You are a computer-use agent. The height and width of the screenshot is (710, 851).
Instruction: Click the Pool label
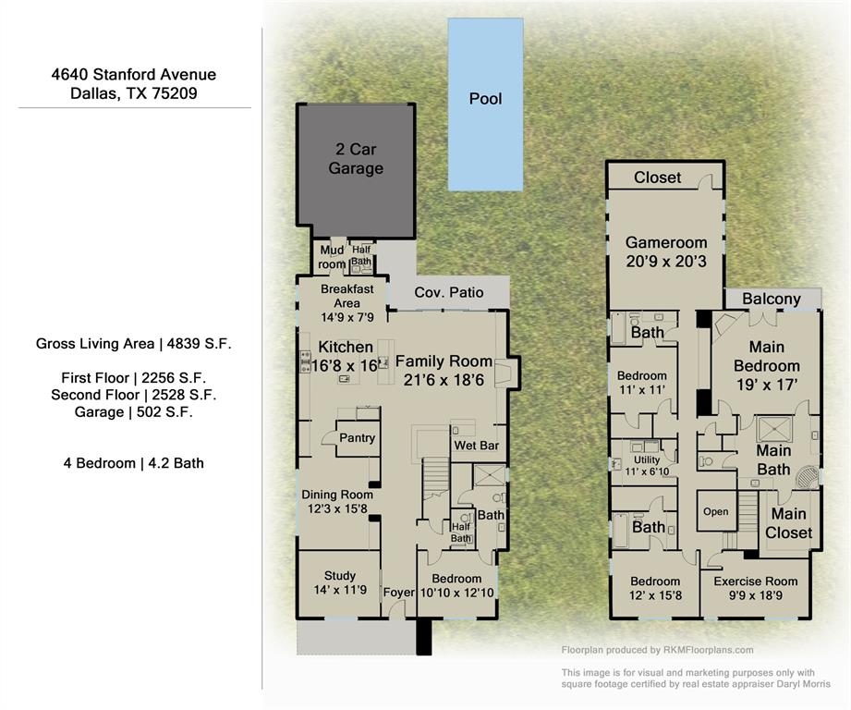(485, 98)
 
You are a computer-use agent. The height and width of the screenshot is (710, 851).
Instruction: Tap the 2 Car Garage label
(355, 159)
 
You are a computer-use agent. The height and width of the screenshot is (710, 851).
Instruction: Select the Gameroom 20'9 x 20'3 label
(665, 251)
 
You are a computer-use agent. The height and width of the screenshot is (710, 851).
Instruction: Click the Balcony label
(771, 299)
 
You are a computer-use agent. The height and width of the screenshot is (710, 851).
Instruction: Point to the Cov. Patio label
(448, 292)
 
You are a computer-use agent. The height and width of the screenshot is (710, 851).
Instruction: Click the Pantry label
(357, 437)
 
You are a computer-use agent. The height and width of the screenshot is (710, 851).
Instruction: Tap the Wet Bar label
(476, 446)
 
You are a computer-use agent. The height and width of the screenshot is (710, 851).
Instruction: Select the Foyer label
(399, 593)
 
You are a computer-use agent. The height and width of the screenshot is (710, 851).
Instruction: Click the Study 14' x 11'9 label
(339, 582)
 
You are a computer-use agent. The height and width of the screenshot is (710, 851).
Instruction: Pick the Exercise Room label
(755, 588)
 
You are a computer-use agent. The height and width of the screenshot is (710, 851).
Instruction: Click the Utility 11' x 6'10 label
(647, 466)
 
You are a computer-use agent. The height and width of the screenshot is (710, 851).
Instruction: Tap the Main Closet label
(788, 523)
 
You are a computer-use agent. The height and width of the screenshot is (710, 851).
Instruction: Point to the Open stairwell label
(715, 511)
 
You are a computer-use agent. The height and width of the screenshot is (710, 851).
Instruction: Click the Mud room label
(332, 257)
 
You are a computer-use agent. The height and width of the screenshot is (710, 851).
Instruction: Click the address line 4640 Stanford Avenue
(134, 75)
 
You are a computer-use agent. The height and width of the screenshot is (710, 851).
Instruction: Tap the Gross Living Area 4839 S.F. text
(134, 344)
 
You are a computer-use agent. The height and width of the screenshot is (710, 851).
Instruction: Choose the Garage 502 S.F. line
(134, 412)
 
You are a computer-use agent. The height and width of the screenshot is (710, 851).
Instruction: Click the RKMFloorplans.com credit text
(657, 650)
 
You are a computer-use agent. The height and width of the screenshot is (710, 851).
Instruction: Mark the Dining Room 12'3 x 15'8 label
(336, 501)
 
